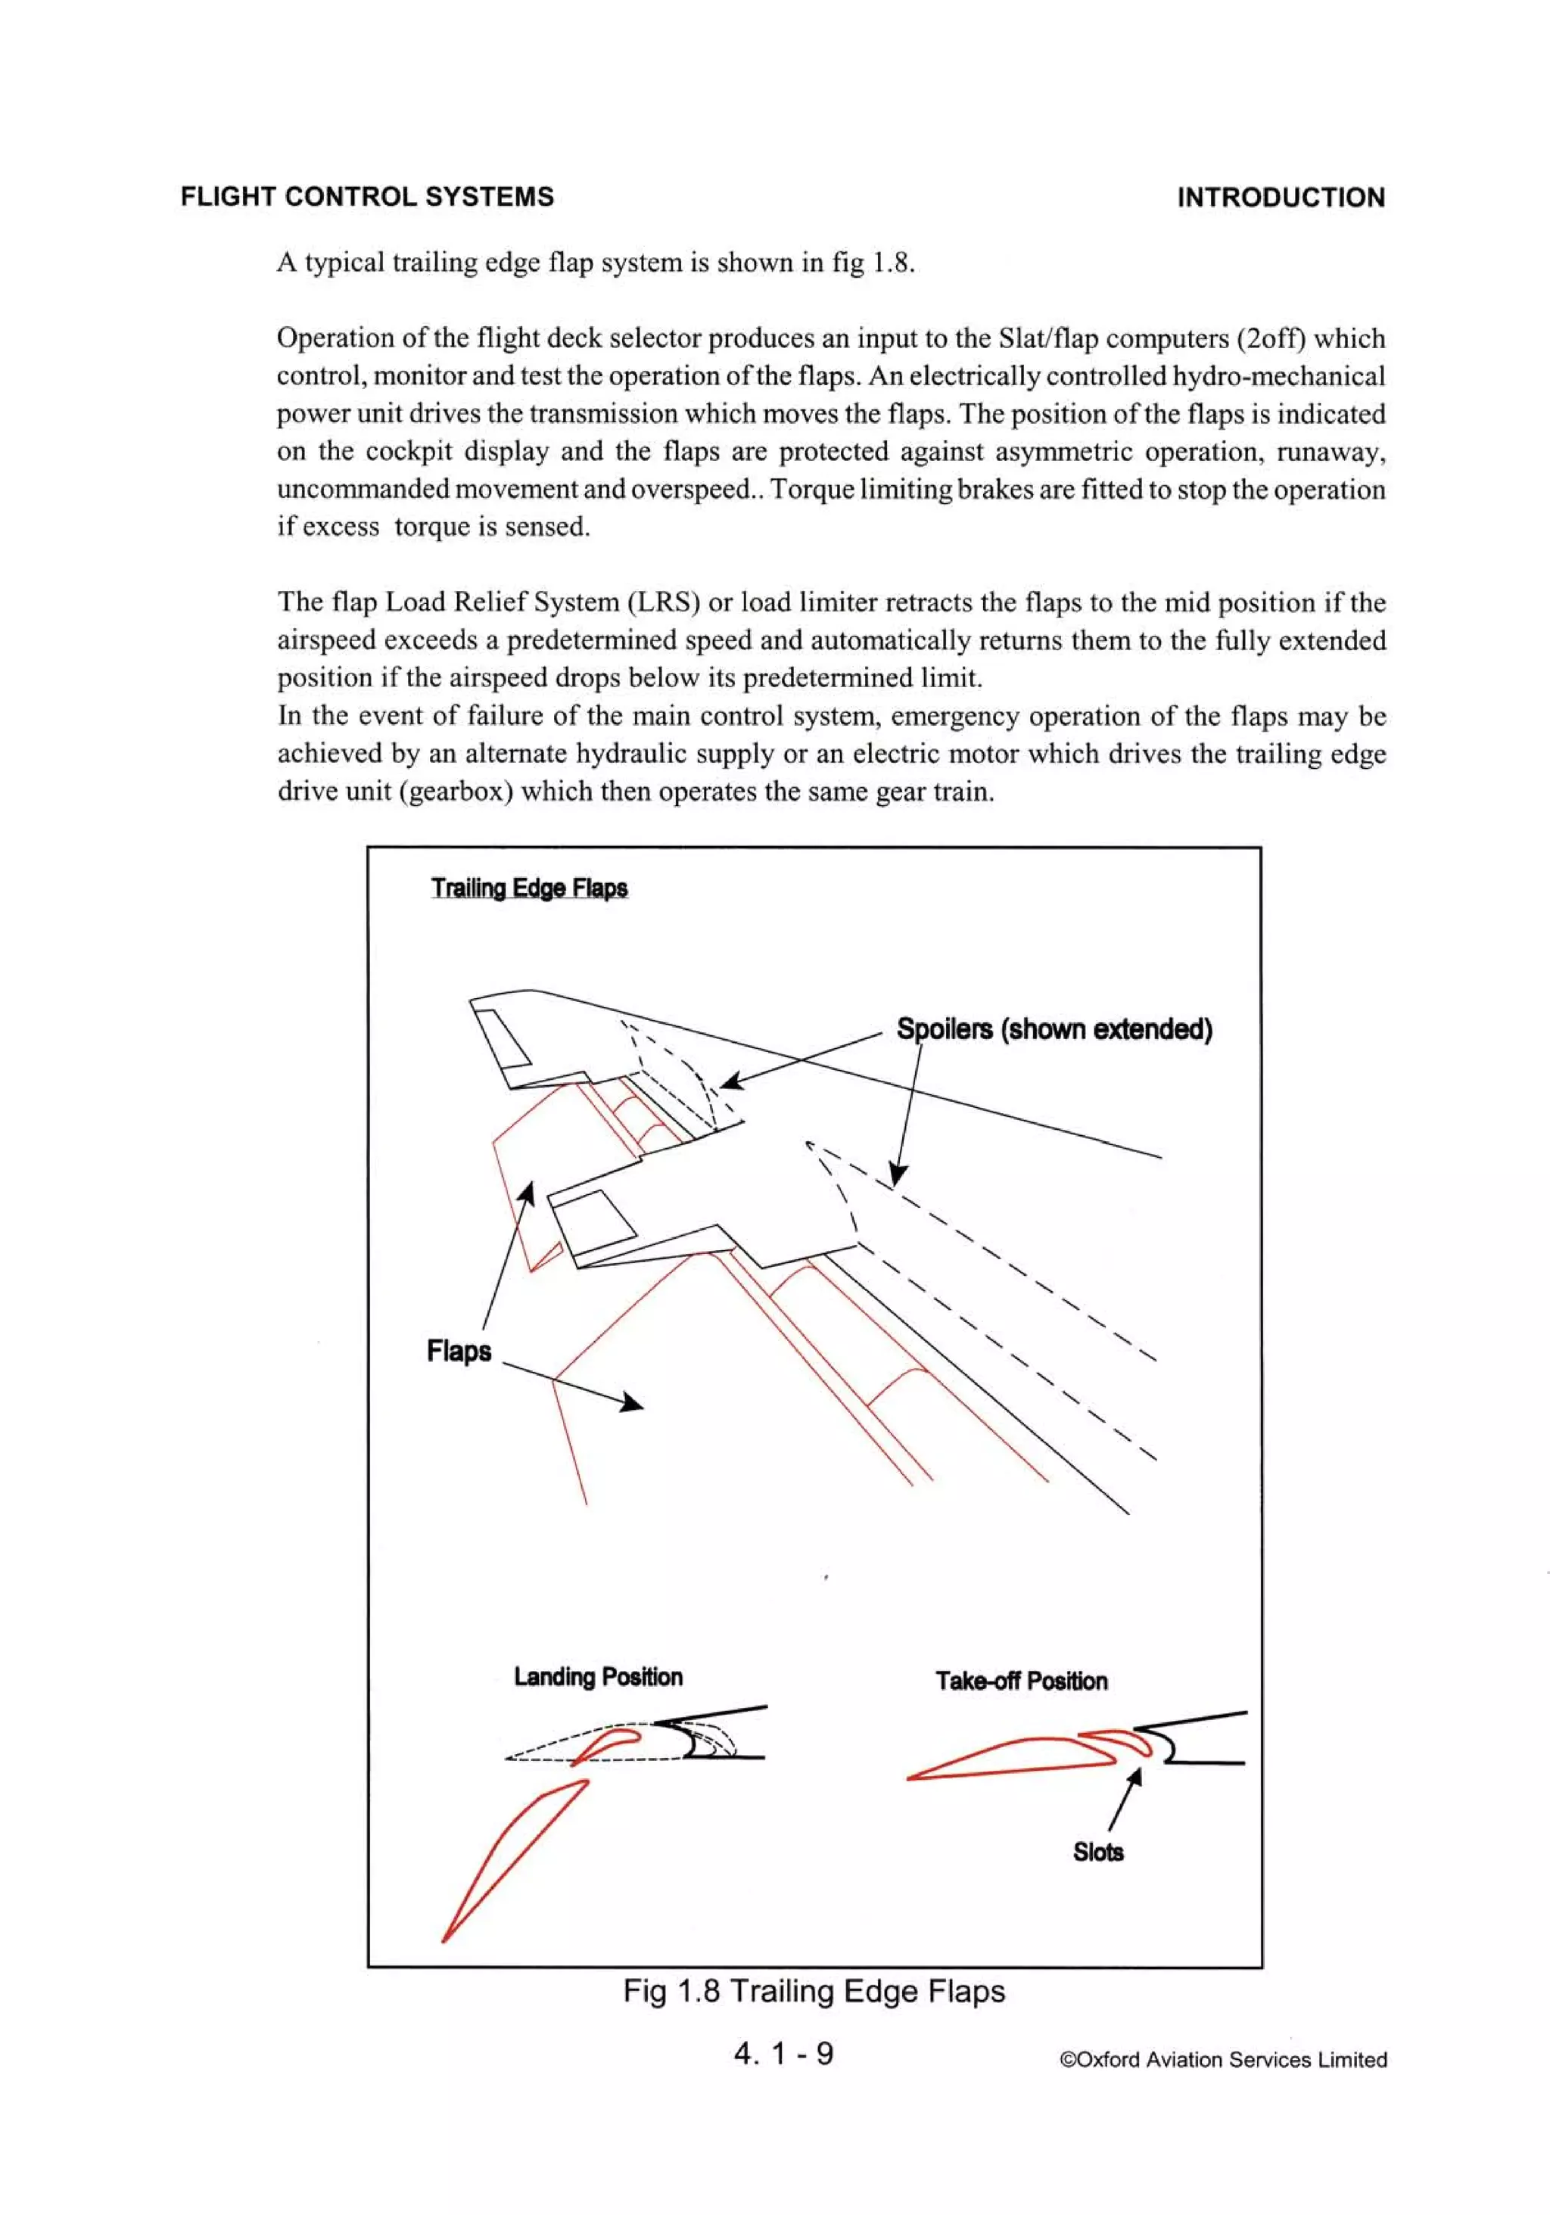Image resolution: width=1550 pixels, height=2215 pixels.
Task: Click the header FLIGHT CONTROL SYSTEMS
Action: pyautogui.click(x=367, y=197)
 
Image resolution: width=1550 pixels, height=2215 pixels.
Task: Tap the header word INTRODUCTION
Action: pyautogui.click(x=1280, y=198)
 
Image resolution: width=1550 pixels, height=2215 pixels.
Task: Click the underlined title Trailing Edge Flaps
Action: pyautogui.click(x=529, y=888)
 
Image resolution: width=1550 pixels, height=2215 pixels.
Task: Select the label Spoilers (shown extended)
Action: pyautogui.click(x=1054, y=1029)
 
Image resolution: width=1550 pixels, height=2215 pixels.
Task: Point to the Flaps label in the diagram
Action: pyautogui.click(x=459, y=1351)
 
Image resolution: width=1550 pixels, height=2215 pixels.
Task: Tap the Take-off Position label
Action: pyautogui.click(x=1021, y=1681)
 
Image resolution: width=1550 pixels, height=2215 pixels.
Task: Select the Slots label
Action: pyautogui.click(x=1097, y=1851)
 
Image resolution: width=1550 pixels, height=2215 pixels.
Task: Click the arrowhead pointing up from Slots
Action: pyautogui.click(x=1136, y=1776)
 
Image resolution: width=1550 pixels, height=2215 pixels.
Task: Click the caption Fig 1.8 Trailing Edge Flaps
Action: pyautogui.click(x=814, y=1990)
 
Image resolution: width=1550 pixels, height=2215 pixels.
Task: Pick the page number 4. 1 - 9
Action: pyautogui.click(x=783, y=2053)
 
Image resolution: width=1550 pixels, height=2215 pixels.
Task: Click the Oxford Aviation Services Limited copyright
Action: pyautogui.click(x=1223, y=2060)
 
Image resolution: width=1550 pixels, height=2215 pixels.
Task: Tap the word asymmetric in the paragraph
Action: pyautogui.click(x=1058, y=452)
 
